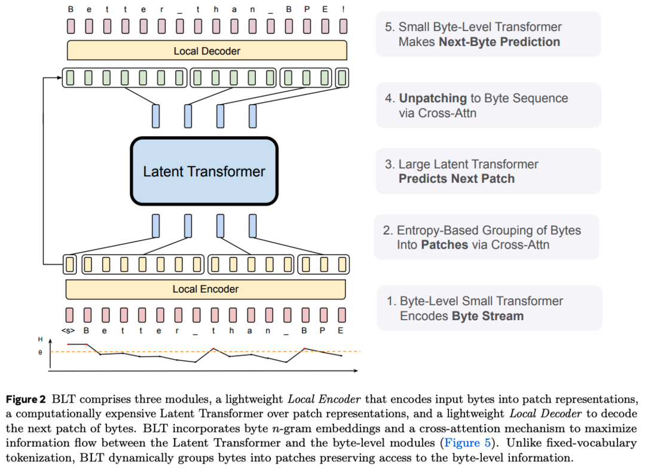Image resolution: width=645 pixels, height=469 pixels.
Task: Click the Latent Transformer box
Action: click(204, 171)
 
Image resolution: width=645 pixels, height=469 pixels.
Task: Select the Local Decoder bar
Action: click(207, 51)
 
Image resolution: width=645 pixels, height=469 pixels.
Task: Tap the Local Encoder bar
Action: click(205, 289)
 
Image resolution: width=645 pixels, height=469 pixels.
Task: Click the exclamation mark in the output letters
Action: click(343, 10)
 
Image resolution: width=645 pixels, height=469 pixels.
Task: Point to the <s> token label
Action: click(68, 331)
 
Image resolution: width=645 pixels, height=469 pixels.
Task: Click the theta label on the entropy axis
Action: click(40, 352)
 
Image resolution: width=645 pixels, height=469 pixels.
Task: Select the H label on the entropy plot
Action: click(40, 339)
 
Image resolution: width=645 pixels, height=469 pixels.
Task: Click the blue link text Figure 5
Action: click(467, 443)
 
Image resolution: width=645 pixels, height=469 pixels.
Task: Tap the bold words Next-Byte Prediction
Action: click(499, 42)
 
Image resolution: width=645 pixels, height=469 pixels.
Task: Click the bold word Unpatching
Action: click(433, 98)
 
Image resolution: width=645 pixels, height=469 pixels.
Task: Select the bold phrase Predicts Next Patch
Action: click(457, 179)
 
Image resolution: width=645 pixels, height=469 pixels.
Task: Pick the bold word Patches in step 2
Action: click(445, 244)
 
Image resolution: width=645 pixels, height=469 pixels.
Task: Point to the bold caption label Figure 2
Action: click(26, 399)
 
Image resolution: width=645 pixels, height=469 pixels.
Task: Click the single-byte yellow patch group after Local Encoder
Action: click(70, 264)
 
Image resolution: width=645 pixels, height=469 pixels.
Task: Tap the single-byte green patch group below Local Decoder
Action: click(343, 78)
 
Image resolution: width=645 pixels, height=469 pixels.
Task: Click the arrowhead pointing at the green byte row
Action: click(60, 77)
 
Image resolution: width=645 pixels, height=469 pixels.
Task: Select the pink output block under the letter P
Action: click(307, 26)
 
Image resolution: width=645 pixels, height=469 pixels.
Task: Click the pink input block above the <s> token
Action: click(69, 315)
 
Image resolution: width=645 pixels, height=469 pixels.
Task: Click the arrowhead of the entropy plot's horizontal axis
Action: click(356, 371)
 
